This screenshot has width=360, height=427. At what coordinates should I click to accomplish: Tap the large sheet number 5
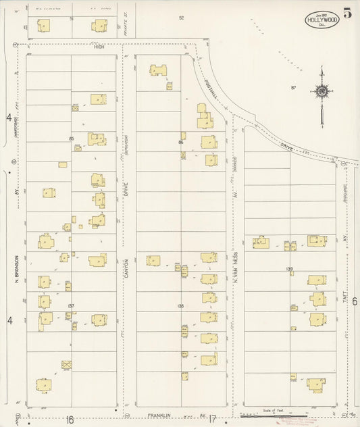coord(346,13)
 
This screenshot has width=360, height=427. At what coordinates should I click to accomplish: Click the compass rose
coord(322,91)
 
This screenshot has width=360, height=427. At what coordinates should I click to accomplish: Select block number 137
coord(71,306)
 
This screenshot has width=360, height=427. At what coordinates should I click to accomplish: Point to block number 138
coord(180,306)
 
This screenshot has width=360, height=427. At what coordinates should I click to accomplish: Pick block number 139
coord(290,270)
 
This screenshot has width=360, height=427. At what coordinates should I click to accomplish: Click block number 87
coord(294,88)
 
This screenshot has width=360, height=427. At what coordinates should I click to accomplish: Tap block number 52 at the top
coord(181,18)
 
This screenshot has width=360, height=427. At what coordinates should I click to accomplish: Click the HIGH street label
coord(99,47)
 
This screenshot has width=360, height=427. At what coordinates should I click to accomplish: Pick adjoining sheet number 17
coord(211,419)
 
